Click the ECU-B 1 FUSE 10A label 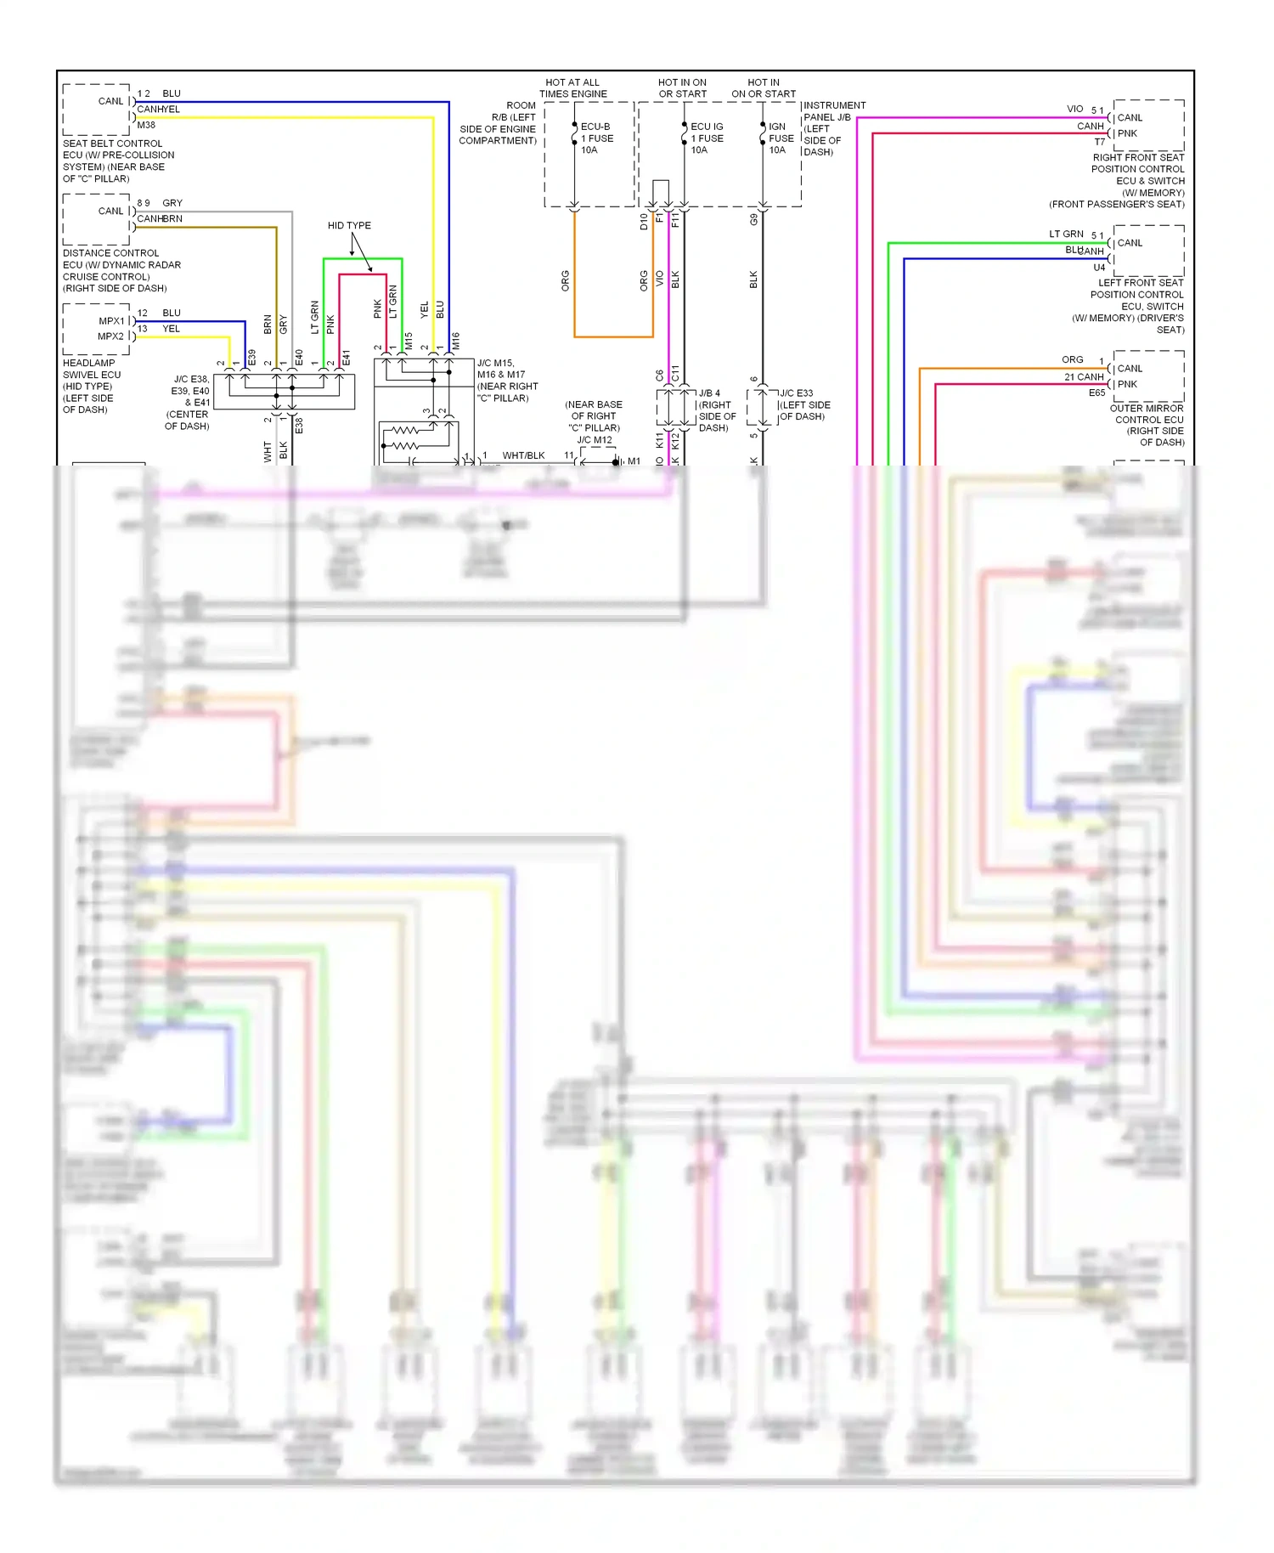point(596,138)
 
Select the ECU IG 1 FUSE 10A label point(707,138)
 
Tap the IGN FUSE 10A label point(781,138)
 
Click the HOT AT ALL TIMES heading point(572,88)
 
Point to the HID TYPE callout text point(349,225)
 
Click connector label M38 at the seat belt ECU point(146,125)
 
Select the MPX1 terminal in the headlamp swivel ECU point(111,321)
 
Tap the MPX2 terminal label point(111,336)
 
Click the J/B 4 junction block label point(709,393)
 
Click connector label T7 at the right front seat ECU point(1100,142)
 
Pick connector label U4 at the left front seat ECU point(1099,268)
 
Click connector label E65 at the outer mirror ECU point(1096,392)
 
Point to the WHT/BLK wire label point(523,455)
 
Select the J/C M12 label point(595,440)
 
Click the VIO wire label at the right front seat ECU point(1075,109)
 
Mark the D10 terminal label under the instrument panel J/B point(644,222)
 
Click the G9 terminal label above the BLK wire point(753,220)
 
